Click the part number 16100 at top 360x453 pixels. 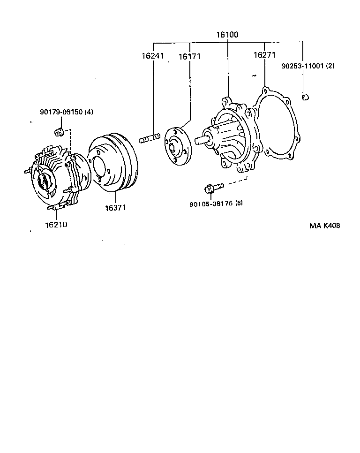(x=227, y=35)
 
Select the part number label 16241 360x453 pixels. (x=153, y=56)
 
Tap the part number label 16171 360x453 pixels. (x=189, y=57)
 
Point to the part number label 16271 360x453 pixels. (x=264, y=55)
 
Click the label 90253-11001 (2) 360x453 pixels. (x=307, y=66)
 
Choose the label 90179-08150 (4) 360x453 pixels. (x=67, y=112)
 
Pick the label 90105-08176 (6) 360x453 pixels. (x=217, y=204)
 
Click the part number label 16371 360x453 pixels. (x=114, y=207)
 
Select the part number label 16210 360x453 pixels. (x=56, y=225)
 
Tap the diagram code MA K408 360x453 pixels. (x=324, y=225)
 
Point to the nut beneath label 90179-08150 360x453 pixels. (x=59, y=131)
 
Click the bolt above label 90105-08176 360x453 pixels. (x=210, y=189)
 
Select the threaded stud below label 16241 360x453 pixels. (x=150, y=139)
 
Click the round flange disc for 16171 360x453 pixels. (x=177, y=146)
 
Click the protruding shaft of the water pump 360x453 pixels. (x=202, y=139)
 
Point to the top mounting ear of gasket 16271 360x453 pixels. (x=266, y=90)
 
